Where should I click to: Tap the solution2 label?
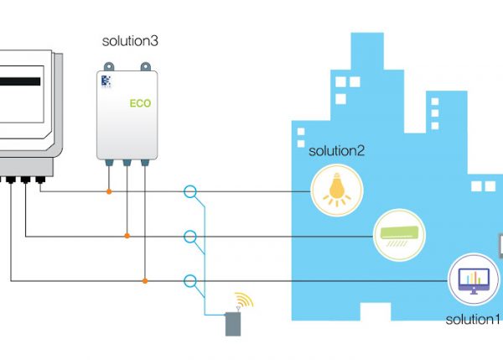pos(337,151)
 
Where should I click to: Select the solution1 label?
pos(473,320)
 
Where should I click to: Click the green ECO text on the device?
pos(139,105)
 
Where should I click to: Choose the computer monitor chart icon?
pos(473,280)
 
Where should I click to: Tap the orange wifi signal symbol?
pos(243,300)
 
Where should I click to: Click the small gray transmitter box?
pos(233,324)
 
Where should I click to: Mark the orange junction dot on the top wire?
pos(108,191)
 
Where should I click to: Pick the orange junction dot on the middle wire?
pos(127,236)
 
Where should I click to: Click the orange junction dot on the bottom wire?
pos(145,280)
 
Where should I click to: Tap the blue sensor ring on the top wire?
pos(190,191)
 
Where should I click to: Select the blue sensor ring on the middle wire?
pos(190,236)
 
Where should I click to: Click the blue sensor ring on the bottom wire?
pos(190,280)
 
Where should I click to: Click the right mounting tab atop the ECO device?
pos(146,65)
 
